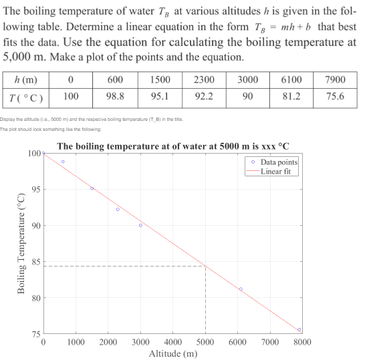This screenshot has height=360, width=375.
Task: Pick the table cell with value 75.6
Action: [x=334, y=96]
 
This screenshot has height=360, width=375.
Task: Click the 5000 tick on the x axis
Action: [x=205, y=342]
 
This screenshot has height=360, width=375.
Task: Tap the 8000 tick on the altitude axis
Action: [x=301, y=342]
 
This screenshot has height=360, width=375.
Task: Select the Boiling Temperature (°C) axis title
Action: [x=21, y=243]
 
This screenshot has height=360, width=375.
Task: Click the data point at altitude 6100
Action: [x=241, y=289]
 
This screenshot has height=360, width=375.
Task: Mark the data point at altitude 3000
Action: [x=140, y=225]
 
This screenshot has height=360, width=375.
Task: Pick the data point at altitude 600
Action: [x=63, y=162]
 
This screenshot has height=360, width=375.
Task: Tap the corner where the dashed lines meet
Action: [x=205, y=266]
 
